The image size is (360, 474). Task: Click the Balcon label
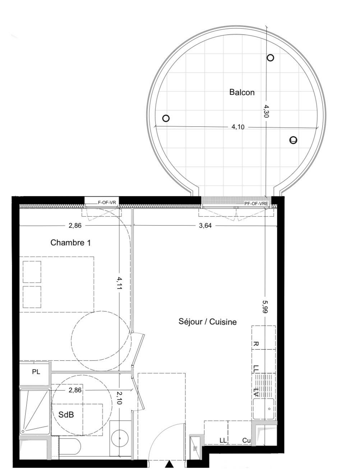click(x=242, y=92)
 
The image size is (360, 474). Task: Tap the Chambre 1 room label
click(x=70, y=243)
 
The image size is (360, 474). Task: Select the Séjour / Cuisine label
click(x=208, y=321)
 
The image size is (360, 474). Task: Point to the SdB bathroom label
click(x=66, y=414)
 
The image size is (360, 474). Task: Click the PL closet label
click(x=36, y=372)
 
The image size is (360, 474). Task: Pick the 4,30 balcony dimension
click(x=266, y=111)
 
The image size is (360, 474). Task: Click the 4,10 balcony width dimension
click(x=238, y=127)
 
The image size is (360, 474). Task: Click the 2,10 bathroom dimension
click(x=119, y=397)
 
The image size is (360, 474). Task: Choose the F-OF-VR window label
click(x=107, y=203)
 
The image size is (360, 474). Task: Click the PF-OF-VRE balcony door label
click(x=256, y=203)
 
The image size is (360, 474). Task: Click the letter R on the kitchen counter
click(x=256, y=344)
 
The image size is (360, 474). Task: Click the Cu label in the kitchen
click(x=246, y=441)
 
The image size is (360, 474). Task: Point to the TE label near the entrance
click(x=195, y=448)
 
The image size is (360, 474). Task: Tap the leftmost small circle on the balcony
click(x=166, y=118)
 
